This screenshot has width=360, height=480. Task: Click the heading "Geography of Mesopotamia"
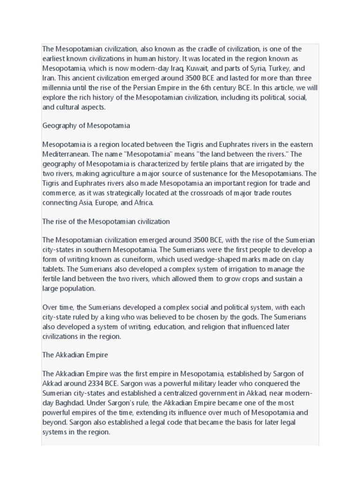86,125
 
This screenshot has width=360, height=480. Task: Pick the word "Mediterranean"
67,154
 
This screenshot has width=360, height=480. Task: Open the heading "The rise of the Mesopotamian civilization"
106,221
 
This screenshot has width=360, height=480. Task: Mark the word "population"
78,288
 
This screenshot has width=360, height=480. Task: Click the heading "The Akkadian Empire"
75,355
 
